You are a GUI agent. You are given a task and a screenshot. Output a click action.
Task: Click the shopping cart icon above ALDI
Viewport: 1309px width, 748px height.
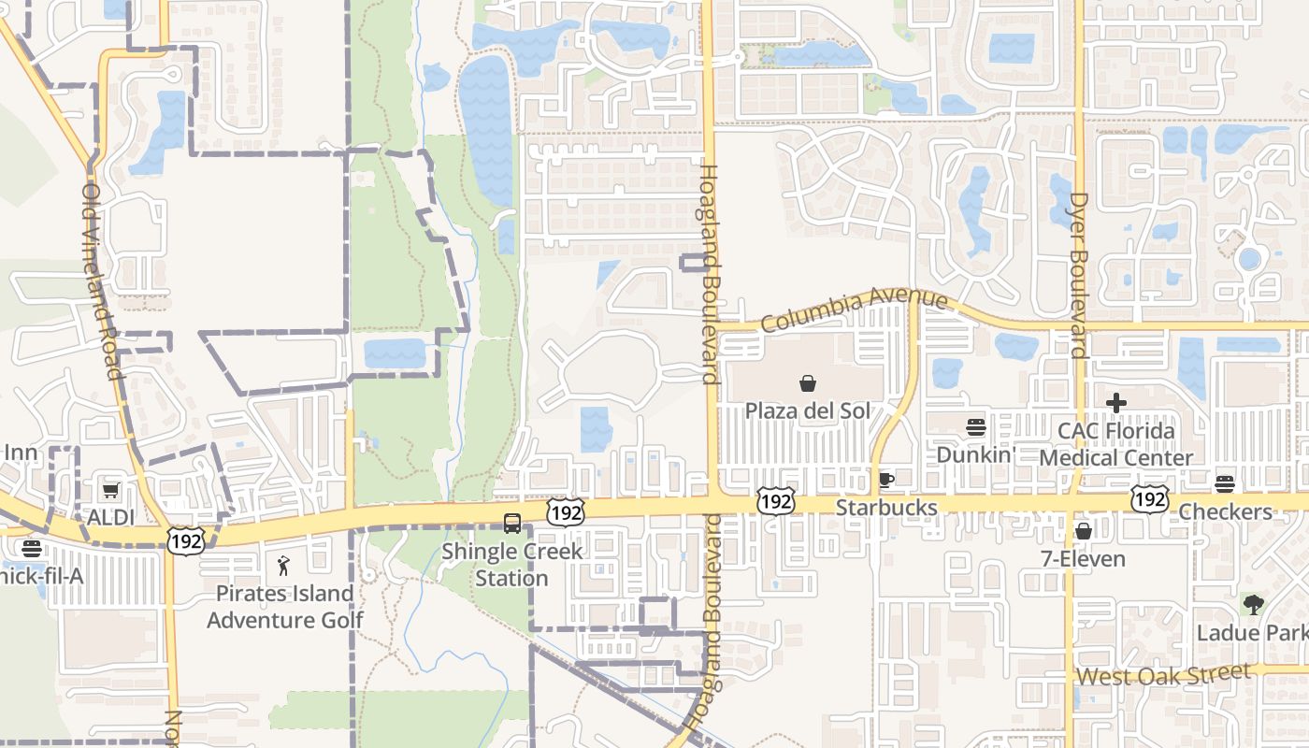pos(111,490)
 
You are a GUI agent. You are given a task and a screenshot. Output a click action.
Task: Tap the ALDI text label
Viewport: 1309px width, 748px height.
pos(111,517)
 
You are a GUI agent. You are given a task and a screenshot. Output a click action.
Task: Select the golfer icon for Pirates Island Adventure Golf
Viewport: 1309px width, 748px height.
pos(284,566)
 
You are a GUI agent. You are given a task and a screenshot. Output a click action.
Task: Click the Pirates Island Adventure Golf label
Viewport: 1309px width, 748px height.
pos(284,606)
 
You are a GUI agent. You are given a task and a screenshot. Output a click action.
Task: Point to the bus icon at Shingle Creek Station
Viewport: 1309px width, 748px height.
pos(511,524)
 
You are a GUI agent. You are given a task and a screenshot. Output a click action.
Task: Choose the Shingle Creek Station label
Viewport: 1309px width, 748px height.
pos(511,565)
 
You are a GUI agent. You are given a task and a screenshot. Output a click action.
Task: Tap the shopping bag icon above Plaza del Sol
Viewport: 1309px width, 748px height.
pos(807,383)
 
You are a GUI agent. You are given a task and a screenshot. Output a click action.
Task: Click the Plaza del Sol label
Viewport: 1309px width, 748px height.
pos(807,411)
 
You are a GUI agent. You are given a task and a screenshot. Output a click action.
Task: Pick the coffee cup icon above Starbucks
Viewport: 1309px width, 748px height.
pos(885,481)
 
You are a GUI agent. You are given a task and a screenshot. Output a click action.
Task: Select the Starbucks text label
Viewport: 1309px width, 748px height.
pos(885,508)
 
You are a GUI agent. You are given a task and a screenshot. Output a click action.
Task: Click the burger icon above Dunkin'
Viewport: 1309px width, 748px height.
pos(976,427)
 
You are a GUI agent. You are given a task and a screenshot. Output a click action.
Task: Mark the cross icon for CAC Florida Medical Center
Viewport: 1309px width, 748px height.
pos(1115,403)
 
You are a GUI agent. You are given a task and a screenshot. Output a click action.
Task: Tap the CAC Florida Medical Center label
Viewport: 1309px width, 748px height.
pos(1115,445)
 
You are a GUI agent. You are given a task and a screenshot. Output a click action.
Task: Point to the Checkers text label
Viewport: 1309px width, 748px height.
pos(1225,511)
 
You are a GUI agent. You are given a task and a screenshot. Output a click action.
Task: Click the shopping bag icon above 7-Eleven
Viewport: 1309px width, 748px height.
pos(1083,531)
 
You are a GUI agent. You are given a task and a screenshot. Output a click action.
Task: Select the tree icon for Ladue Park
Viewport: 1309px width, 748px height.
pos(1253,605)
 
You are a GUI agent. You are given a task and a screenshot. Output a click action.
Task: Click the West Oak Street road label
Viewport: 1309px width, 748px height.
pos(1163,674)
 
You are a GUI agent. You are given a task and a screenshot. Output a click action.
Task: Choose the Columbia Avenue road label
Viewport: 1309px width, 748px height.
pos(854,310)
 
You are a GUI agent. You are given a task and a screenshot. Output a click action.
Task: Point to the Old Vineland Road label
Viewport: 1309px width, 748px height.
pos(102,280)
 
